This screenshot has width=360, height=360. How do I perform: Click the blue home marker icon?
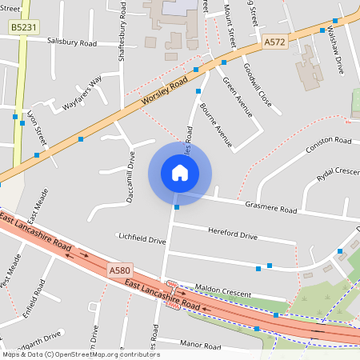179,173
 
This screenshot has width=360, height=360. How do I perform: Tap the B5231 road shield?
22,27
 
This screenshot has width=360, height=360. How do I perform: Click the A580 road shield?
119,271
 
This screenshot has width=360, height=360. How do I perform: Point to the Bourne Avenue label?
216,125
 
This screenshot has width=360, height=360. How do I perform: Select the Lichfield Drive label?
142,239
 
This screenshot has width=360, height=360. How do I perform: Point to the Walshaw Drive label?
335,53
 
